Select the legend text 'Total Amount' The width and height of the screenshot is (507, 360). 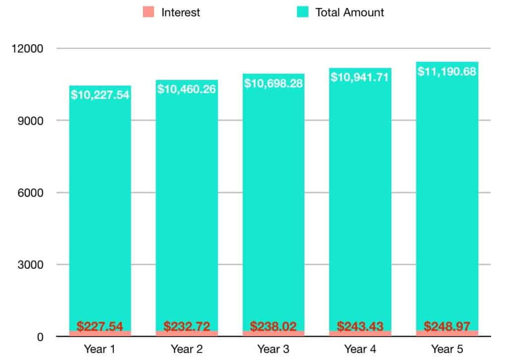(x=350, y=12)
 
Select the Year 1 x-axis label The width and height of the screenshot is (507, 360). (x=100, y=349)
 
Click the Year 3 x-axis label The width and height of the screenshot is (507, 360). (x=273, y=349)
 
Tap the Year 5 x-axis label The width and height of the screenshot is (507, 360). (x=447, y=349)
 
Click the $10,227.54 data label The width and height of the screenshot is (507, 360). (x=100, y=95)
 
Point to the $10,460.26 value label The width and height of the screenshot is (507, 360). (x=187, y=89)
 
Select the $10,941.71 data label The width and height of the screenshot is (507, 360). (x=360, y=77)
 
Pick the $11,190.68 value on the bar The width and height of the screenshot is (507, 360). (x=447, y=71)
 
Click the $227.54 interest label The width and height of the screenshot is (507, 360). (x=100, y=326)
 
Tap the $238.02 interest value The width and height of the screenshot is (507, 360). (x=273, y=326)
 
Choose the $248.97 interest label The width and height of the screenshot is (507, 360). (x=447, y=326)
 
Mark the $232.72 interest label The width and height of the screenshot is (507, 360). (x=187, y=326)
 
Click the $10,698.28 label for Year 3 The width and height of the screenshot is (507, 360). (x=273, y=83)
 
